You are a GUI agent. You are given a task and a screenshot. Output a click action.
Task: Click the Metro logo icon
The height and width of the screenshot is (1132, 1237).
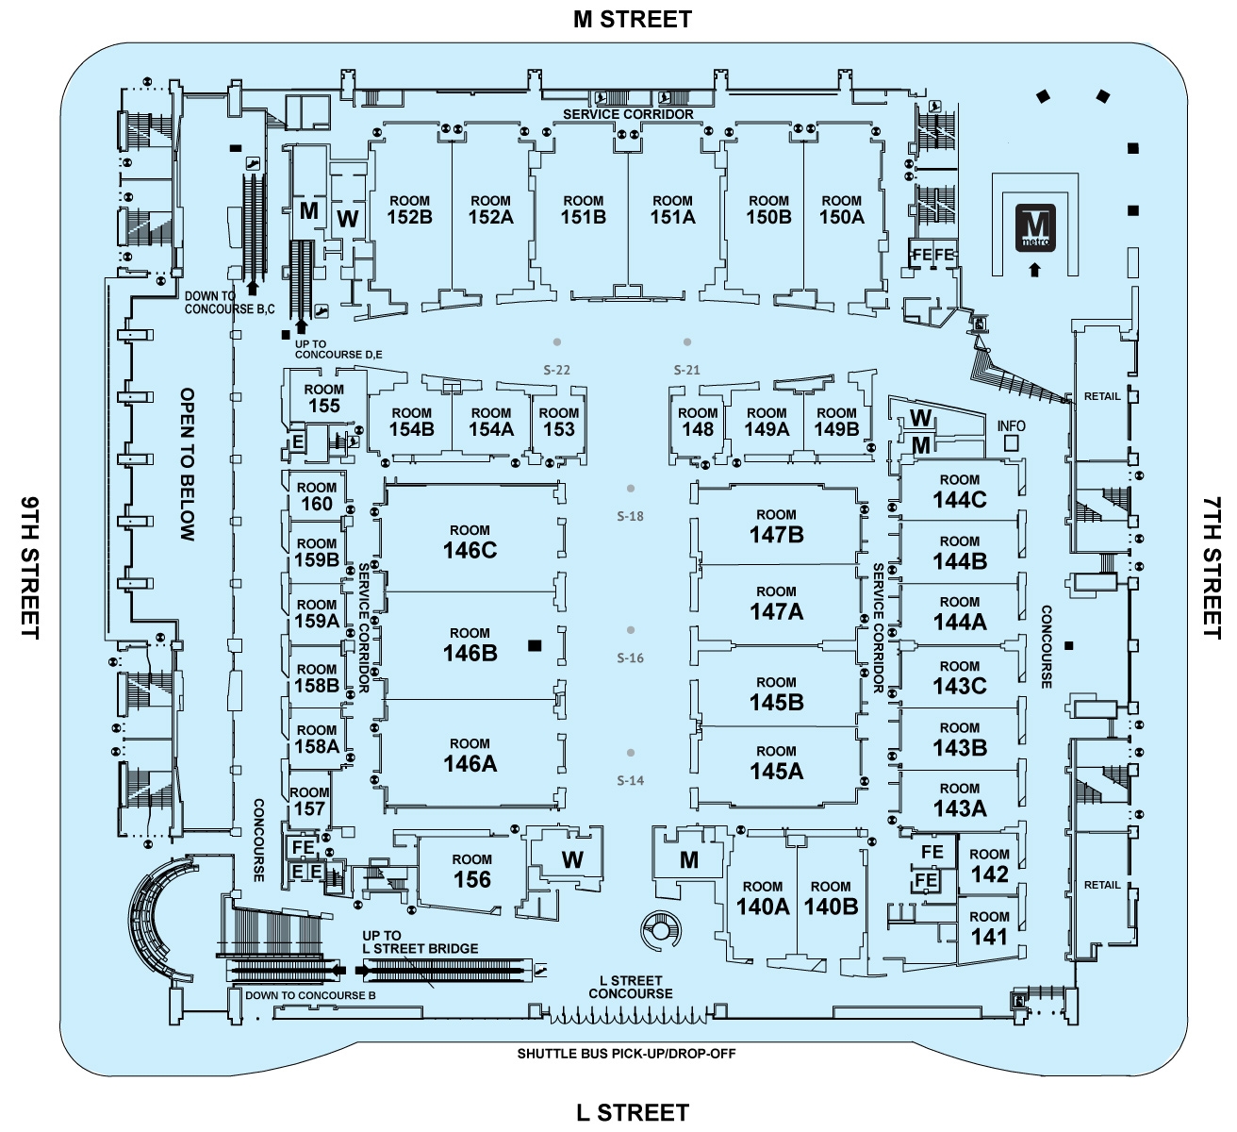click(x=1034, y=227)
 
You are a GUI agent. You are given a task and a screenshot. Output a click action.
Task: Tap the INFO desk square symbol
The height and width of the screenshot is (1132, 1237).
click(x=1012, y=442)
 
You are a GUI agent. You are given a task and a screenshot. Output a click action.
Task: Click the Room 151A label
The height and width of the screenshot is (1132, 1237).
click(x=672, y=209)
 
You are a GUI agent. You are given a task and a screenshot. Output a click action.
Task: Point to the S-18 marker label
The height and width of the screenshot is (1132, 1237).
click(x=630, y=516)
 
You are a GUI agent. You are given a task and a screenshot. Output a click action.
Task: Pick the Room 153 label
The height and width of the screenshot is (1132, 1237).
click(x=559, y=422)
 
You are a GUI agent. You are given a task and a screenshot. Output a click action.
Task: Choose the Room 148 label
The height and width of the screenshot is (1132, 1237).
click(x=698, y=422)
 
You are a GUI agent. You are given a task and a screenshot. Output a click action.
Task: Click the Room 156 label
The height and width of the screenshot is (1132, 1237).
click(x=471, y=872)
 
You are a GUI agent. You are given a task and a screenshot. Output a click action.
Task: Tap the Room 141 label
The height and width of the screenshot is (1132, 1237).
click(x=989, y=928)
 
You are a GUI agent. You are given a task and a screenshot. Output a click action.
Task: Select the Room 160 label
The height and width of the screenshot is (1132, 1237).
click(x=317, y=496)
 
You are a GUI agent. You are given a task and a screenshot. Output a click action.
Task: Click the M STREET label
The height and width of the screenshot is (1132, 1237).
click(x=633, y=20)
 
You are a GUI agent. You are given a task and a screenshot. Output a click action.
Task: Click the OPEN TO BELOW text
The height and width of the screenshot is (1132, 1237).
click(x=188, y=464)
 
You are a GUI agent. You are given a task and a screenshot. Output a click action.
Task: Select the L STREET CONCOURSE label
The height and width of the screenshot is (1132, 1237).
click(x=631, y=987)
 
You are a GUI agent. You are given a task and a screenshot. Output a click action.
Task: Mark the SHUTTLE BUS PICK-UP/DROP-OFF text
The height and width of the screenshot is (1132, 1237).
click(x=626, y=1054)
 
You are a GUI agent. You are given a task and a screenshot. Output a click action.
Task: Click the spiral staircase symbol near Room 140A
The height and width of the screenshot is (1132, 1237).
click(x=659, y=931)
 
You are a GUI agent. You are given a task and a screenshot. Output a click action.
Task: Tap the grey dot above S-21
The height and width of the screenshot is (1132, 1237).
click(x=687, y=342)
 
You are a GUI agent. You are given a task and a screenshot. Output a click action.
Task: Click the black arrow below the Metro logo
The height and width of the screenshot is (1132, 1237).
click(x=1034, y=270)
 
